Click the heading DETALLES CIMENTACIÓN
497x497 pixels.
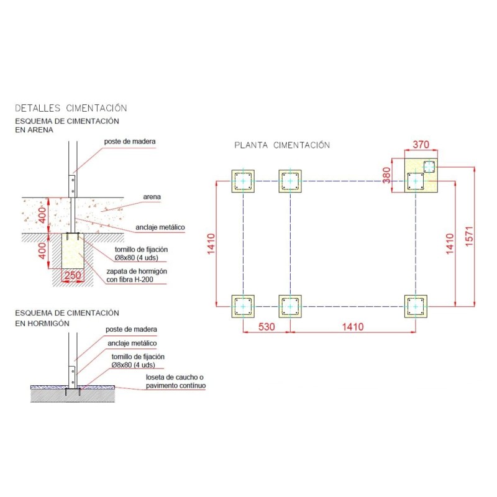tap(70, 107)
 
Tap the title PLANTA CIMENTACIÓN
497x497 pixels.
tap(281, 145)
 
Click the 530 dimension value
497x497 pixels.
tap(266, 326)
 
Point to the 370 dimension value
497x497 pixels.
tap(421, 144)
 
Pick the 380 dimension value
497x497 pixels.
tap(386, 176)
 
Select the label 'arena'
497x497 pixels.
tap(152, 197)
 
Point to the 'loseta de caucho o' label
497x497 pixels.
tap(175, 377)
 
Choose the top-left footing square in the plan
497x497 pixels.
tap(243, 181)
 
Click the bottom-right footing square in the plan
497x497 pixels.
tap(415, 306)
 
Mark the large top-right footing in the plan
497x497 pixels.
tap(421, 175)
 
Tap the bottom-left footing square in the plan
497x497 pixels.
tap(243, 306)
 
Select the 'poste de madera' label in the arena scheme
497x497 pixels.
tap(130, 141)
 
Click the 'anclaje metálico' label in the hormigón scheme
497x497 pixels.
tap(132, 343)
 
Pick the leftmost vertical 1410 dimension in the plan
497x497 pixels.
tap(211, 244)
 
